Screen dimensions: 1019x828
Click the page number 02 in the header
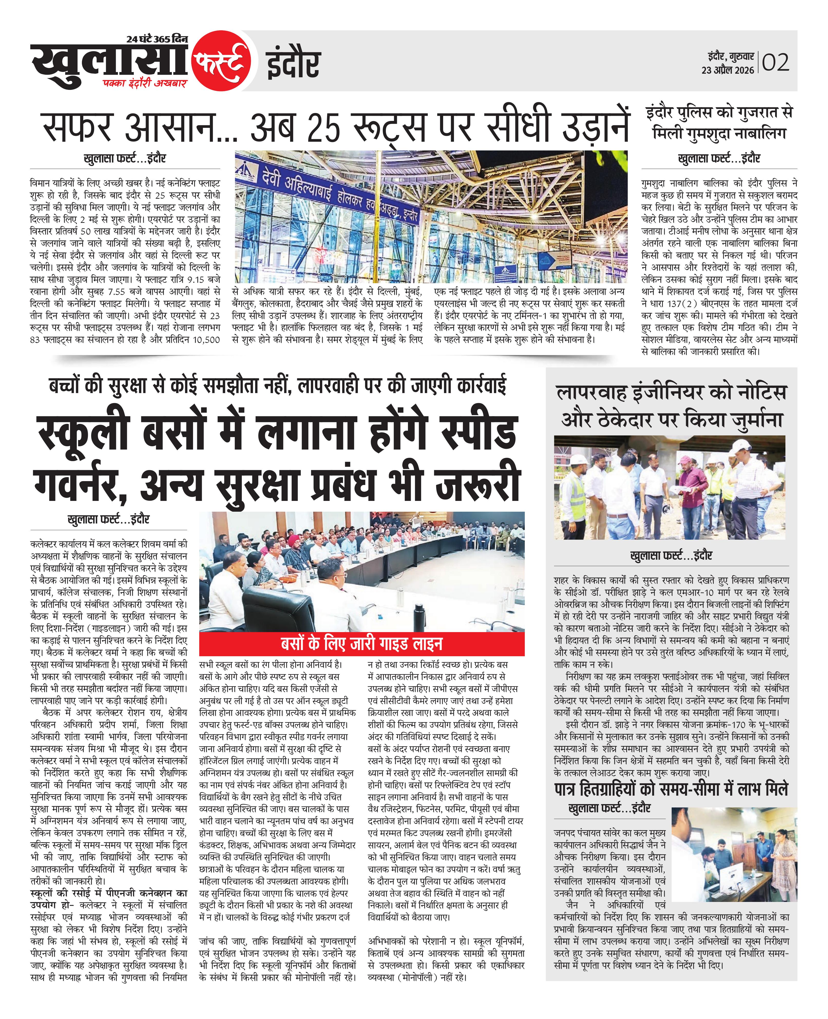point(776,62)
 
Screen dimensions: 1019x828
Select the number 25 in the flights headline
point(324,128)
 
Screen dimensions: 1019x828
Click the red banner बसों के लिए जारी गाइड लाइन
point(361,644)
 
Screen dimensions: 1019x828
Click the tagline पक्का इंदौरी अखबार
point(146,83)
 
